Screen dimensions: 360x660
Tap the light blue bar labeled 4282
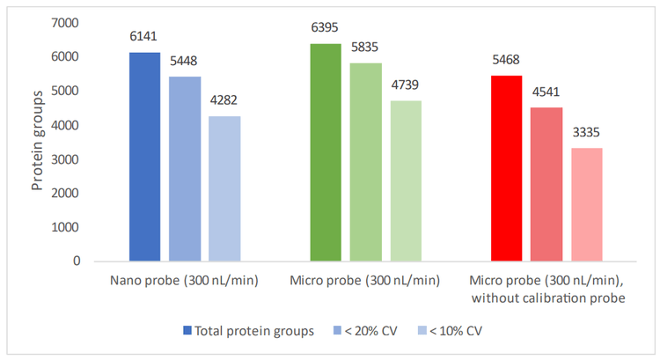(224, 188)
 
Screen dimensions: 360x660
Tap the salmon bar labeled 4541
(546, 184)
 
